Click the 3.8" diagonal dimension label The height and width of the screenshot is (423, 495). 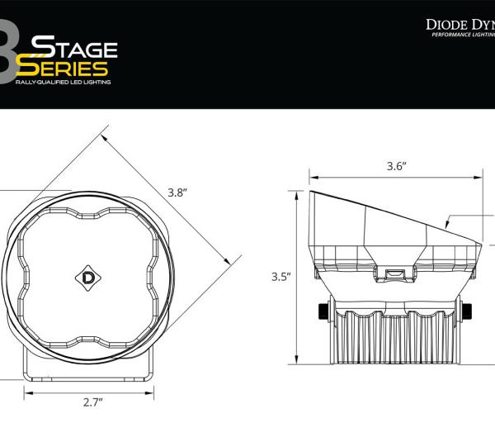(x=177, y=192)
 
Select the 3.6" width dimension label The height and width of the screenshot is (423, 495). (x=397, y=166)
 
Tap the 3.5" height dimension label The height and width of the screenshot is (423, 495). (x=281, y=277)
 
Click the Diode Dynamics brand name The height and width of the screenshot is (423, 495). (x=460, y=24)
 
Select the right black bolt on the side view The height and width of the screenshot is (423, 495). (x=468, y=312)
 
